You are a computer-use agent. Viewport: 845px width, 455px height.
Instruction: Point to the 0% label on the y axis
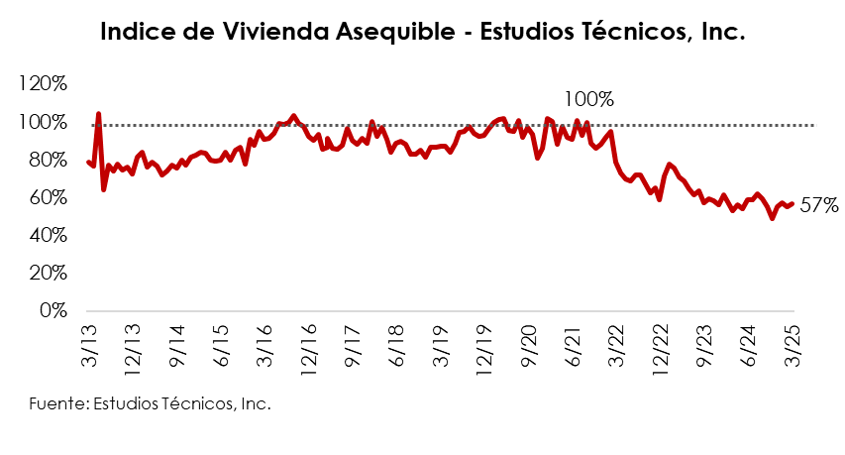tap(54, 310)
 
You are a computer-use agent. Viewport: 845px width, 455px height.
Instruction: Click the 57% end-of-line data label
tap(820, 206)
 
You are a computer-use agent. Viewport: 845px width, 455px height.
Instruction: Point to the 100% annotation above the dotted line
tap(588, 99)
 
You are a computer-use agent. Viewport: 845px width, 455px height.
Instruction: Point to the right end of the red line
tap(792, 203)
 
